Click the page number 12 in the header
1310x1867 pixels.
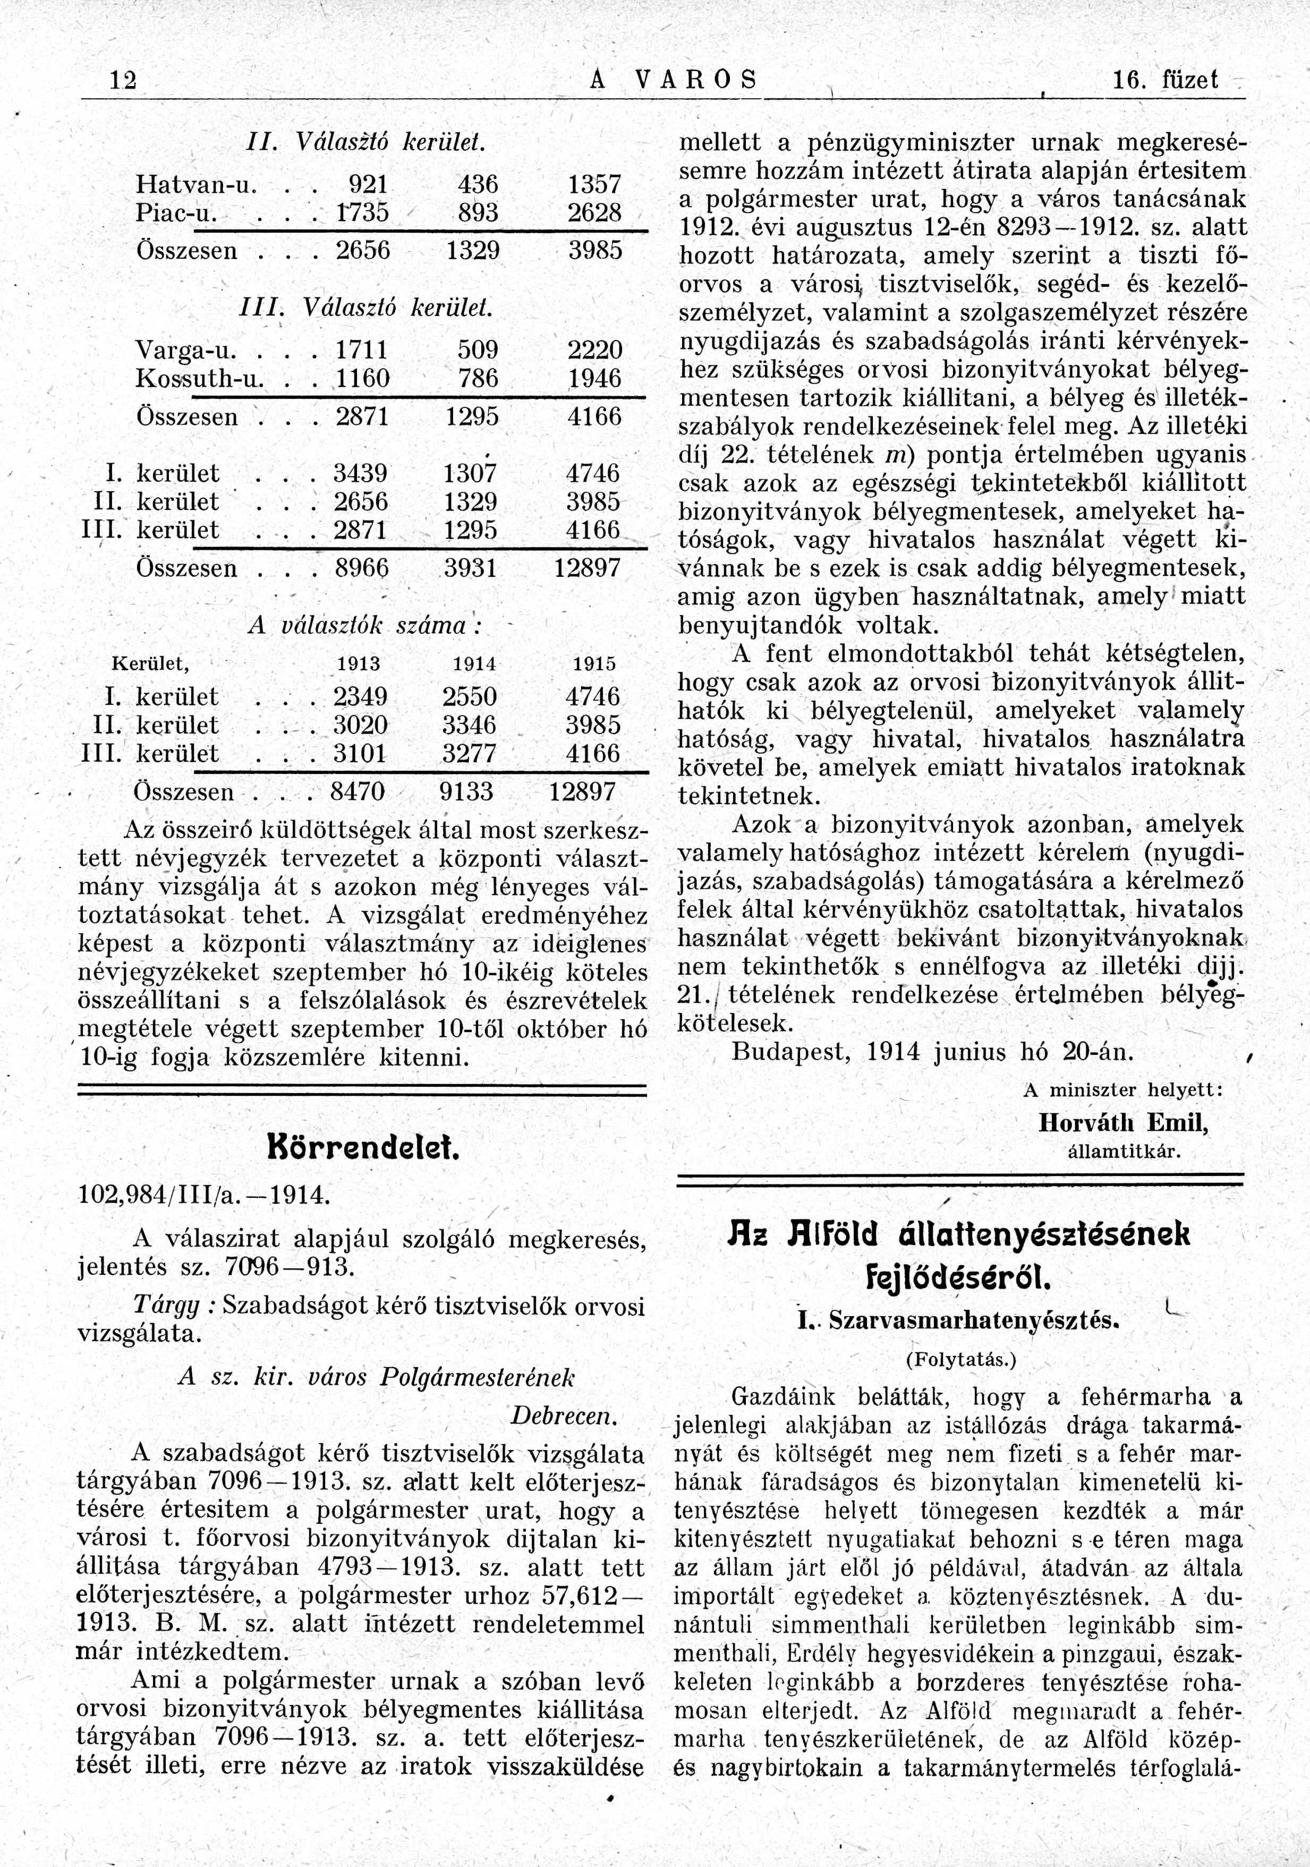(124, 81)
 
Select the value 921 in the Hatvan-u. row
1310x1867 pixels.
(368, 183)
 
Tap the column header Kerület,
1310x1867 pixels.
(150, 663)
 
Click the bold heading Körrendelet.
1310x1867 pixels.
(363, 1150)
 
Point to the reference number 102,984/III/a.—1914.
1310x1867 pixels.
(203, 1195)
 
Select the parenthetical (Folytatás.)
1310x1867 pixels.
(960, 1359)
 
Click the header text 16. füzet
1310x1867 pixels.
(1164, 81)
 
